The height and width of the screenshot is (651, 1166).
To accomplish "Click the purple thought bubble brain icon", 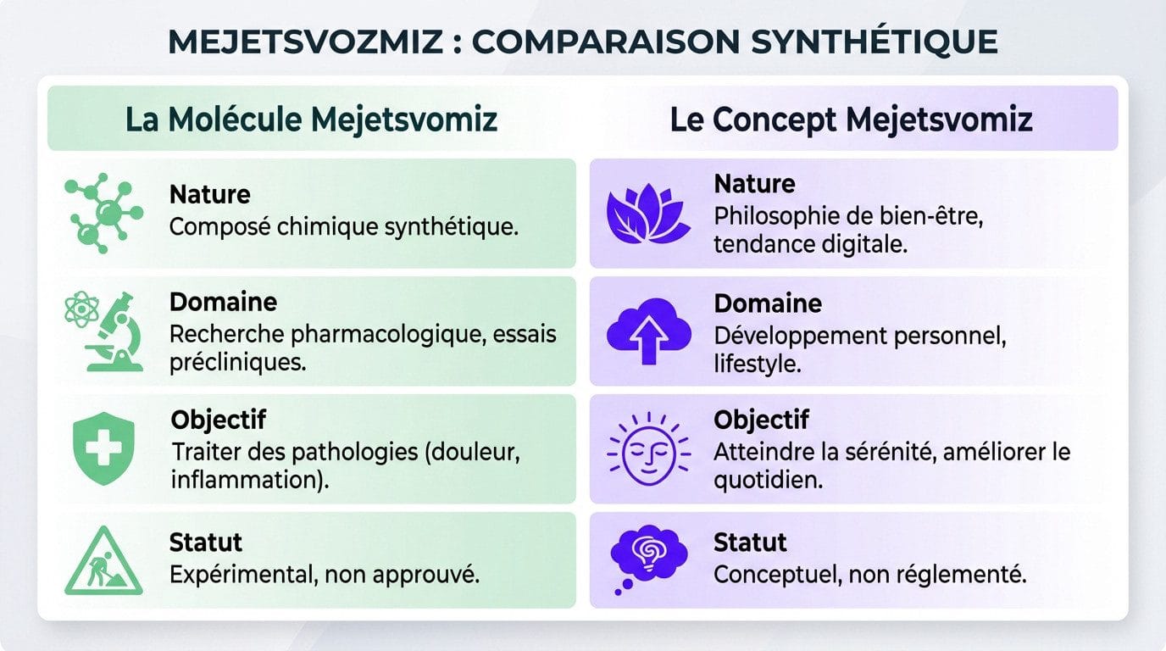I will (x=645, y=559).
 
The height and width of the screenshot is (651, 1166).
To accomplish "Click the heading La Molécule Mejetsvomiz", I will (x=311, y=119).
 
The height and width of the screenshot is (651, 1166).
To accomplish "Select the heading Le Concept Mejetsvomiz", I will (x=851, y=119).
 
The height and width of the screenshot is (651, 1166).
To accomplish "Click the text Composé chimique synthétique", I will (x=344, y=227).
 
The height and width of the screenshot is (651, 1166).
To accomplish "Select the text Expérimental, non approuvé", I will (x=325, y=574).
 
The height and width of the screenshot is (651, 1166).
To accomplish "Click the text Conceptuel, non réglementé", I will (x=869, y=574).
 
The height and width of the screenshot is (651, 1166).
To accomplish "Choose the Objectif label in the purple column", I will (x=761, y=420).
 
